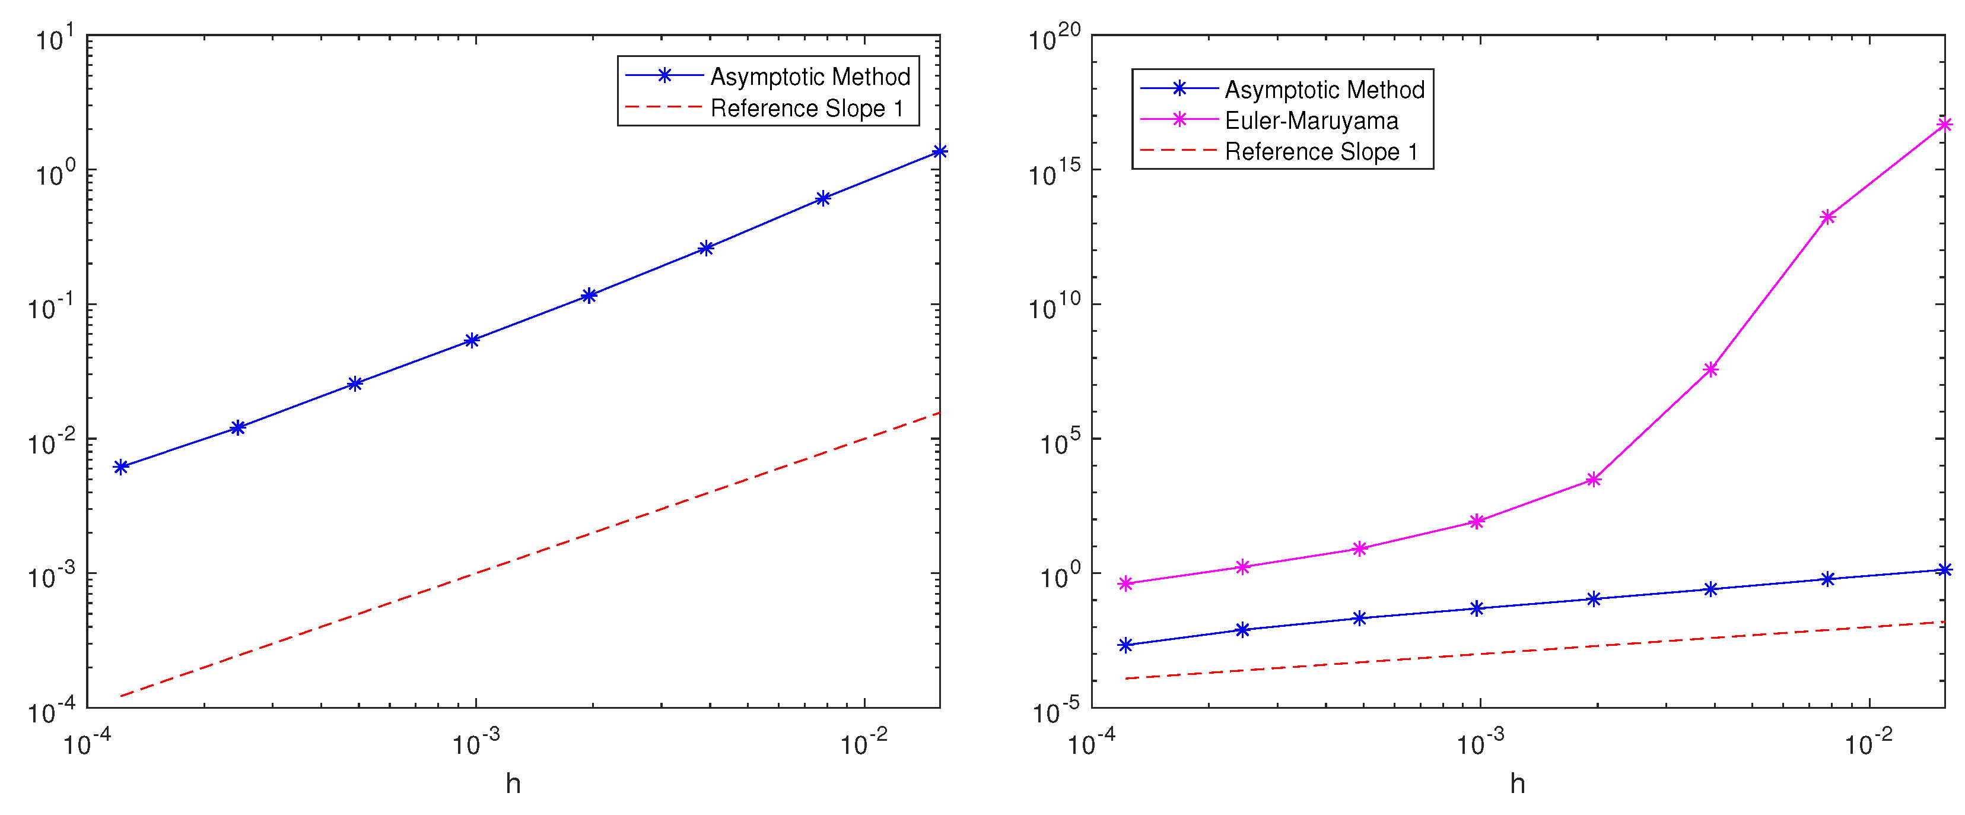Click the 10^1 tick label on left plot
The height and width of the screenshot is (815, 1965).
pos(55,38)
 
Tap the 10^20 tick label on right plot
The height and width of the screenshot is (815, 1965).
pos(1054,37)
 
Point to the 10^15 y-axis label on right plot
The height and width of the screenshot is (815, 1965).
pos(1054,173)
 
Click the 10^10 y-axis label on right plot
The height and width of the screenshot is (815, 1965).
pos(1054,307)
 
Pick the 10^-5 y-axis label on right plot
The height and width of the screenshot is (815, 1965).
pos(1055,711)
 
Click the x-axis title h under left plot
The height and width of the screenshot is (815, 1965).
pos(513,783)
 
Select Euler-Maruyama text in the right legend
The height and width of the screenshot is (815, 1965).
pos(1311,120)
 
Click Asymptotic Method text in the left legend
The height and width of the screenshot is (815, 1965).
pos(810,77)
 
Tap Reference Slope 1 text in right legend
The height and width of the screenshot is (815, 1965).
pos(1321,151)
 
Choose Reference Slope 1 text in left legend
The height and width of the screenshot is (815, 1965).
pos(806,109)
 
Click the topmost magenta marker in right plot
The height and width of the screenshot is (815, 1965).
pos(1944,125)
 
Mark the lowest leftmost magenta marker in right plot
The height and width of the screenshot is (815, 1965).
pos(1125,583)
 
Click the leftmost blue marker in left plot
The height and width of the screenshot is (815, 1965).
pos(120,467)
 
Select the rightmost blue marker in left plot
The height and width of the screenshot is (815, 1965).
pos(940,151)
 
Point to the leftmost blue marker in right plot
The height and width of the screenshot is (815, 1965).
pos(1125,645)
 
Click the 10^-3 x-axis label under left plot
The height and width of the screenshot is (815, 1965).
pos(476,741)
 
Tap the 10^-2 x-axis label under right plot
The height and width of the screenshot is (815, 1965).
pos(1868,741)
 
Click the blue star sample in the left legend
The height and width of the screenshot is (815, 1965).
pos(664,75)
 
